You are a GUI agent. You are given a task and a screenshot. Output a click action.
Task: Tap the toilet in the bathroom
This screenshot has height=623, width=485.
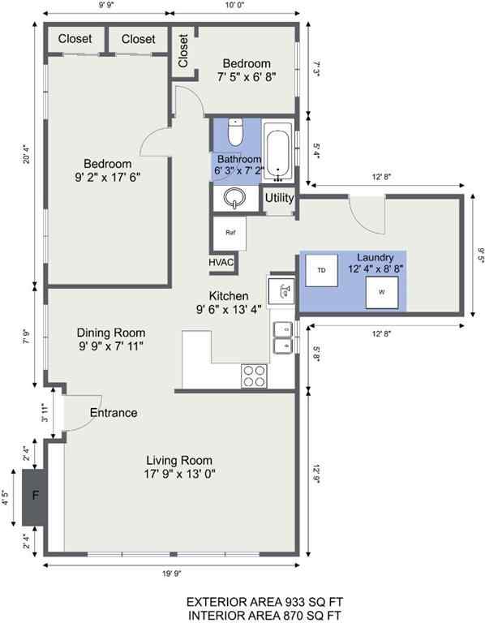(235, 131)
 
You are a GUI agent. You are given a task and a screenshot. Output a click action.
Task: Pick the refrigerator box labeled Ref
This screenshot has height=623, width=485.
(230, 231)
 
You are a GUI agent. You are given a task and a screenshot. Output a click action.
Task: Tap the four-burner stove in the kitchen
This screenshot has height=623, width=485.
(255, 376)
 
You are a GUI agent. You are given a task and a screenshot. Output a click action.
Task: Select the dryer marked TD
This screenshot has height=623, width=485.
(321, 270)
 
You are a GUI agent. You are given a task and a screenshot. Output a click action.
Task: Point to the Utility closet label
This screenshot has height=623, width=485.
(279, 197)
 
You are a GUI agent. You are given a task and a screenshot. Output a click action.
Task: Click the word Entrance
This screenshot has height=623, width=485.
(114, 413)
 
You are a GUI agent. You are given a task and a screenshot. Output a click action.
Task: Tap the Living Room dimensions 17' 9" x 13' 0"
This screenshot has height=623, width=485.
(175, 474)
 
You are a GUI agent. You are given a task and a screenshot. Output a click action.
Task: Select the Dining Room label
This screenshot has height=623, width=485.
(111, 333)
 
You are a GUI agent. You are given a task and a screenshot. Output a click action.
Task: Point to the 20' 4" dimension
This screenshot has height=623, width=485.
(26, 153)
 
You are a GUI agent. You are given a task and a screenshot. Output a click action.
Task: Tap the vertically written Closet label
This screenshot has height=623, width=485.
(183, 50)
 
